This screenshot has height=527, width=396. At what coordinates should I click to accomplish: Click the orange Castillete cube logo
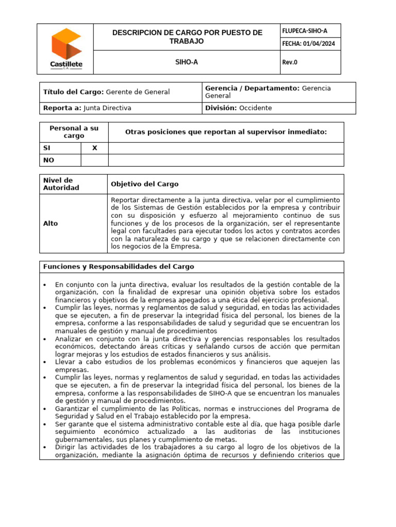click(66, 43)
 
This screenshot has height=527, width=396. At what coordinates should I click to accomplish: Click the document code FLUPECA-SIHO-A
click(304, 31)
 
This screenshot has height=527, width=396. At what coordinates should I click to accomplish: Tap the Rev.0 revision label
click(290, 62)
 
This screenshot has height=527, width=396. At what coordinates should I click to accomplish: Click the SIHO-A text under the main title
click(187, 62)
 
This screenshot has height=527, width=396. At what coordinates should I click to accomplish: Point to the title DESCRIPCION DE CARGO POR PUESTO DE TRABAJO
click(187, 37)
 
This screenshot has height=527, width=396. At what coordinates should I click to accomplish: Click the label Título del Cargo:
click(74, 92)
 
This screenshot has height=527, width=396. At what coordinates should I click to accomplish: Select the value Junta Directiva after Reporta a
click(107, 108)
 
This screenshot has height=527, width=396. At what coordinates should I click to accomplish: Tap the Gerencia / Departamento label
click(252, 89)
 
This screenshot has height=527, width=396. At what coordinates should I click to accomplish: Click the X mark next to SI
click(94, 148)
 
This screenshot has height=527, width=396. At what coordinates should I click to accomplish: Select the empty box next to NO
click(94, 160)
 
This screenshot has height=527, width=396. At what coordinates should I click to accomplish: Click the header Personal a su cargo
click(74, 132)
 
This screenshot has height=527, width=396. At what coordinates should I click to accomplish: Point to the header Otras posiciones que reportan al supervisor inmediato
click(226, 132)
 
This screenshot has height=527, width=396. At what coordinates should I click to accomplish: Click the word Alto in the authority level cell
click(51, 223)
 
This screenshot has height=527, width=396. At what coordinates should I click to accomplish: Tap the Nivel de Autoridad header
click(61, 184)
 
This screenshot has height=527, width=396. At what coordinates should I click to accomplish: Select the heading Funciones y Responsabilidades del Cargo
click(119, 267)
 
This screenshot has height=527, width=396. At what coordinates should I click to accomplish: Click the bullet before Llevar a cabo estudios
click(46, 362)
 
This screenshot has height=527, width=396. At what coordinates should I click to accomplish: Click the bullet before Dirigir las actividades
click(46, 448)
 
